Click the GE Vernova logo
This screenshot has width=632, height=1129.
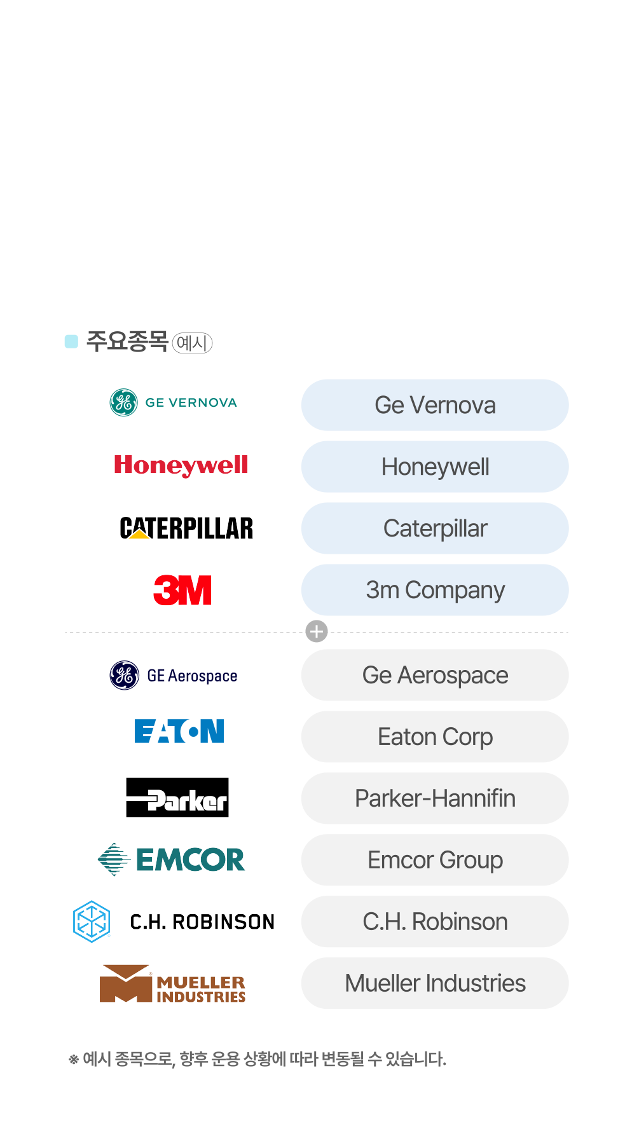(173, 402)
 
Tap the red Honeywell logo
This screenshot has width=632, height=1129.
(181, 465)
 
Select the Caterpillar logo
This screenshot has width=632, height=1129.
(186, 528)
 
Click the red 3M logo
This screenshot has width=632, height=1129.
(182, 590)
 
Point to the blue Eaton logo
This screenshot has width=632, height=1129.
(179, 731)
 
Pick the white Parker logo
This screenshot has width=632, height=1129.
(177, 800)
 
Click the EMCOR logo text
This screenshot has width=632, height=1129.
(190, 860)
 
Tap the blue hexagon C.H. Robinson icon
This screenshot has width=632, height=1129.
(92, 921)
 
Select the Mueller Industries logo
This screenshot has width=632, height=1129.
(172, 984)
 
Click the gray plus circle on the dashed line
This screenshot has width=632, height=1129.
(317, 631)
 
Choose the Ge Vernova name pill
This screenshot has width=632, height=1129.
(435, 405)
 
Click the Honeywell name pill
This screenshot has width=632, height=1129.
(435, 467)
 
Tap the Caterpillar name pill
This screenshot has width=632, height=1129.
(435, 528)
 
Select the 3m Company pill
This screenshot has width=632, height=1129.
(435, 590)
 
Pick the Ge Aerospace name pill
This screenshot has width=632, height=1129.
(435, 675)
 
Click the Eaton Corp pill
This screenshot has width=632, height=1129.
(435, 737)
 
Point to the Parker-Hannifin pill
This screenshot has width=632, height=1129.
(435, 798)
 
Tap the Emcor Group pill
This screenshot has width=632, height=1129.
(435, 860)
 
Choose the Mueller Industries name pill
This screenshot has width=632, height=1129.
(435, 983)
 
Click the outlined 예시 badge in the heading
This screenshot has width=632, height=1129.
(192, 343)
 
